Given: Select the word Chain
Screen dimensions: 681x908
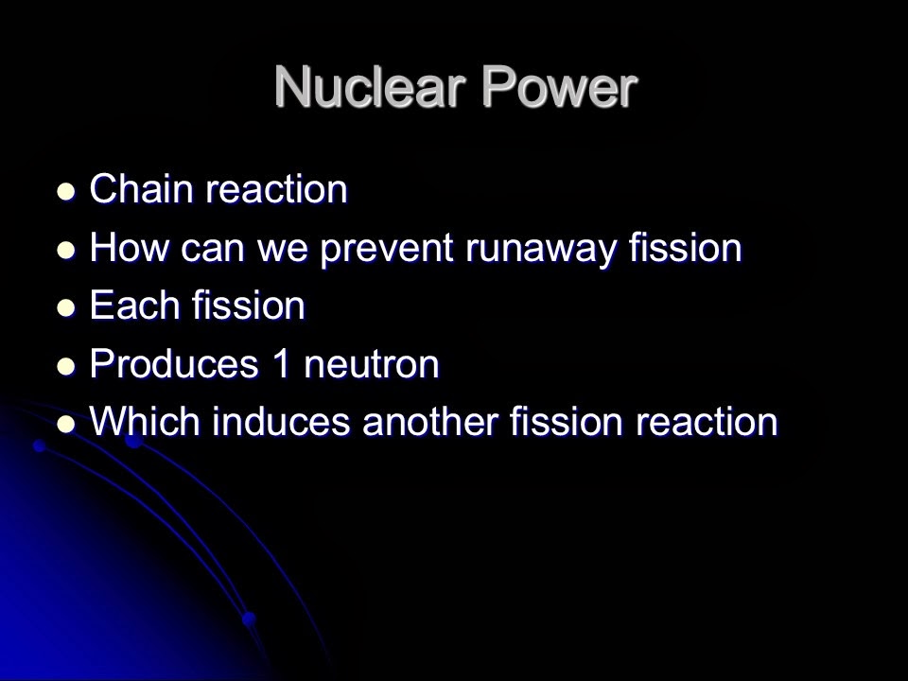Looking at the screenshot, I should point(141,190).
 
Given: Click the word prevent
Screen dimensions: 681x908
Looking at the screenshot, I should point(388,249).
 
